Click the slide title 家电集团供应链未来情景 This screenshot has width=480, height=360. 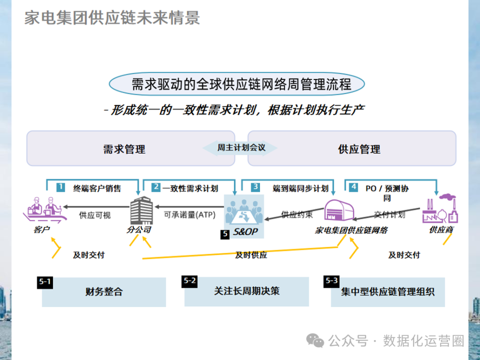pyautogui.click(x=112, y=18)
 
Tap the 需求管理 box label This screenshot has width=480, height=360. pyautogui.click(x=124, y=149)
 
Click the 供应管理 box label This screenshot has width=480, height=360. pyautogui.click(x=359, y=149)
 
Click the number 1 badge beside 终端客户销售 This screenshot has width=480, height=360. pyautogui.click(x=60, y=187)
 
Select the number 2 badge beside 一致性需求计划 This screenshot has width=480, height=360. pyautogui.click(x=156, y=187)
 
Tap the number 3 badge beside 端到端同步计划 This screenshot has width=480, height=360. pyautogui.click(x=255, y=187)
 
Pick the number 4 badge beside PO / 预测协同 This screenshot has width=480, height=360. pyautogui.click(x=354, y=187)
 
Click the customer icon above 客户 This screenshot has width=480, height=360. pyautogui.click(x=44, y=208)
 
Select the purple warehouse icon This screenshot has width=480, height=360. pyautogui.click(x=340, y=211)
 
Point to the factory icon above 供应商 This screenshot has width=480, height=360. pyautogui.click(x=440, y=209)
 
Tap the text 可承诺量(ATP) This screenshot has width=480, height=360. pyautogui.click(x=189, y=215)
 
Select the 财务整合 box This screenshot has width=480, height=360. pyautogui.click(x=104, y=292)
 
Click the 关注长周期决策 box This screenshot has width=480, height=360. pyautogui.click(x=247, y=292)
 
